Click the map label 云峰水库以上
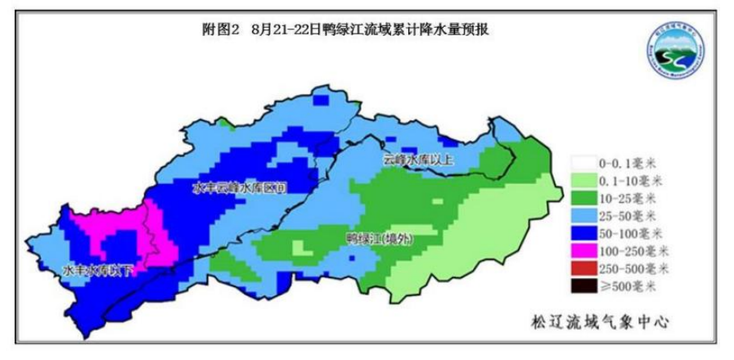pyautogui.click(x=417, y=160)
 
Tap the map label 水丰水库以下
pyautogui.click(x=97, y=269)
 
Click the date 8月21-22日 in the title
pyautogui.click(x=283, y=29)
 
